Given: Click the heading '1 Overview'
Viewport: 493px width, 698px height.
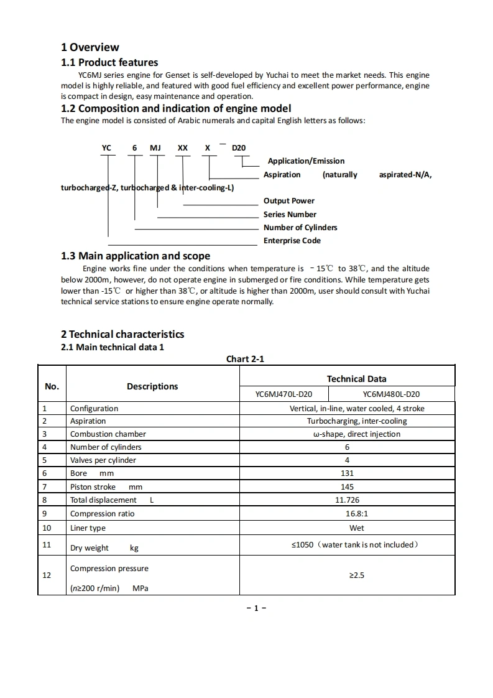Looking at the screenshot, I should click(x=90, y=47).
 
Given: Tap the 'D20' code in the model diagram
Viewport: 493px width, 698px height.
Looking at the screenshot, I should click(x=239, y=148).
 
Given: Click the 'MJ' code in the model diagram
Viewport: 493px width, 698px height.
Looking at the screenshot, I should click(x=155, y=148).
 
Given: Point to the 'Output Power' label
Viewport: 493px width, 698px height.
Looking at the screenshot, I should click(x=289, y=201).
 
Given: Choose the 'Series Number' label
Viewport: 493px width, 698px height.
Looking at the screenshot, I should click(x=290, y=215).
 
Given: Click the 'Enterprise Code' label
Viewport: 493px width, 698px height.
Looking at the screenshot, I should click(x=292, y=241).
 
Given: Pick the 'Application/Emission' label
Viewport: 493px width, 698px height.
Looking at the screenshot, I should click(x=306, y=161).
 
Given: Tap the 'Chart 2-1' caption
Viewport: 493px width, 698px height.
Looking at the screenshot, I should click(x=246, y=359).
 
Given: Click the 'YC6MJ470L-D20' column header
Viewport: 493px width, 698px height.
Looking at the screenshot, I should click(x=283, y=394).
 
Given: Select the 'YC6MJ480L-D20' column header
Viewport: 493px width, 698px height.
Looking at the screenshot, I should click(x=391, y=394).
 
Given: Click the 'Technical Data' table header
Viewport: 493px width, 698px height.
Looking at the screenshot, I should click(x=356, y=379).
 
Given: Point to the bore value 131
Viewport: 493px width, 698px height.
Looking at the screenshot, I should click(x=347, y=473).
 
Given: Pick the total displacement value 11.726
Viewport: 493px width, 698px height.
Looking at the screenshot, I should click(x=347, y=500).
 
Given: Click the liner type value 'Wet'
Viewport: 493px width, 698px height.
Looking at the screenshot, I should click(x=357, y=528).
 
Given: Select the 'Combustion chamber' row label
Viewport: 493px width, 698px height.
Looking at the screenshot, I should click(x=108, y=434).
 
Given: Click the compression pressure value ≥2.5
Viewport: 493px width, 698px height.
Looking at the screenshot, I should click(x=357, y=575).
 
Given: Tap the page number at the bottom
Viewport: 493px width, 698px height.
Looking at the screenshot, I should click(x=256, y=608).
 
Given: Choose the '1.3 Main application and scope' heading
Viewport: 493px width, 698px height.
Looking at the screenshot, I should click(x=136, y=256).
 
